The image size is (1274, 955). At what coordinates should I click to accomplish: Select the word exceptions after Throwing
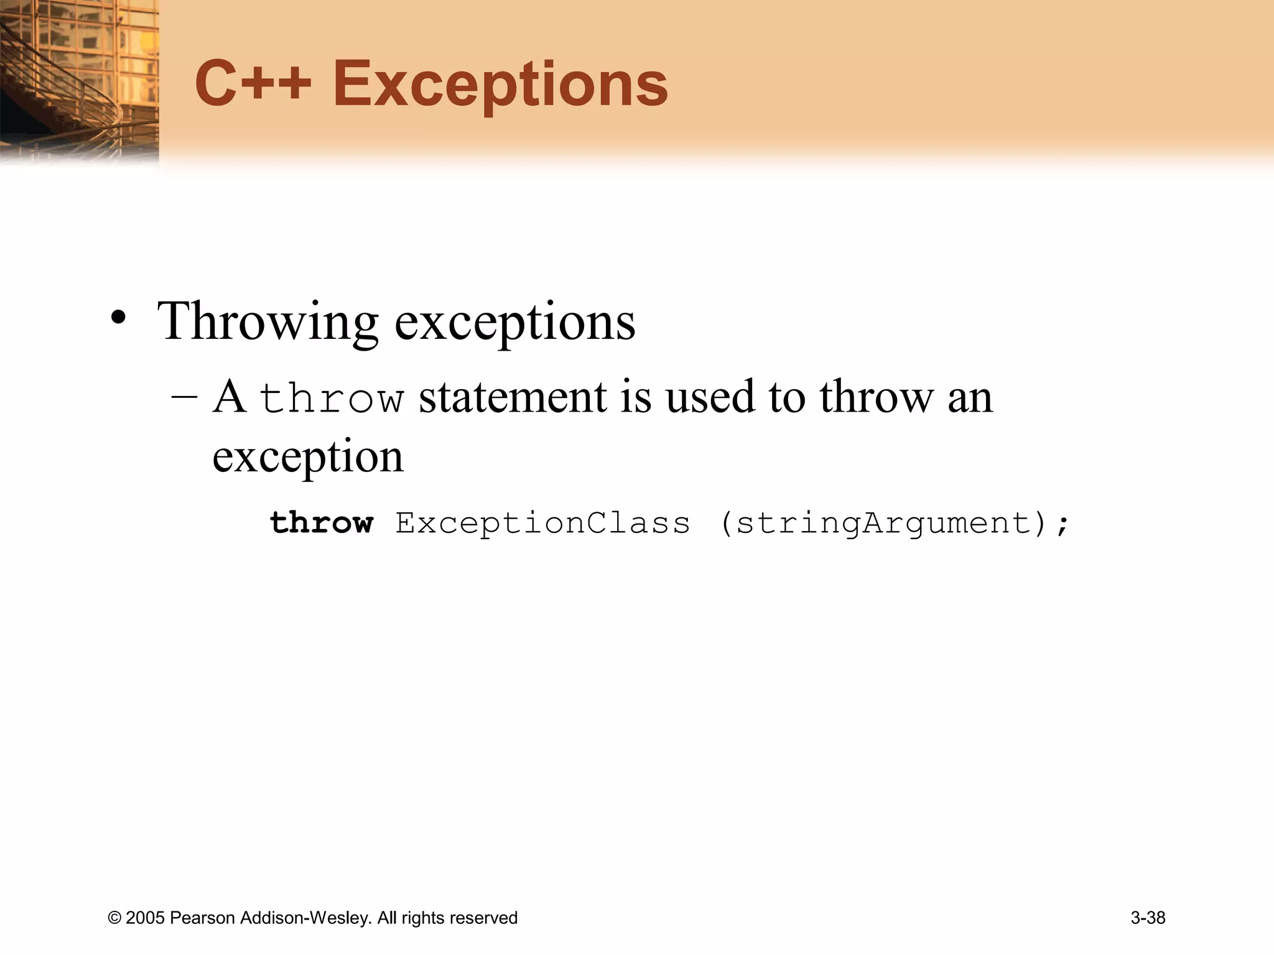point(515,322)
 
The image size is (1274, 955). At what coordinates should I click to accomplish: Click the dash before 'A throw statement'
point(184,397)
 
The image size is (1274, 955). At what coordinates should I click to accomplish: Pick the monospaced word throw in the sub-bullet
point(332,399)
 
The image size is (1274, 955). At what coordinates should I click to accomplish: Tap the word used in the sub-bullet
point(713,397)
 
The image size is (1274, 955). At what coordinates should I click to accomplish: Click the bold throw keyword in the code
point(322,522)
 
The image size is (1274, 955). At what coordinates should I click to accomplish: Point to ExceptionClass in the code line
point(542,522)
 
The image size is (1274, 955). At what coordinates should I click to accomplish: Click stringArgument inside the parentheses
point(883,522)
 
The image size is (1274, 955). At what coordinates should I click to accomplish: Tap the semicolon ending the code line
point(1062,524)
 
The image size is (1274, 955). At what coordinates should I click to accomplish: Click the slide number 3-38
point(1148,918)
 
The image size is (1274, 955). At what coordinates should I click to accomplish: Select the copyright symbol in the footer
point(114,918)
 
